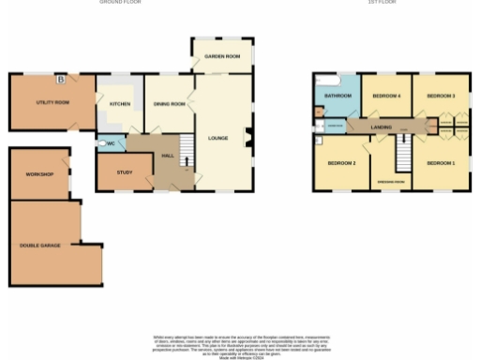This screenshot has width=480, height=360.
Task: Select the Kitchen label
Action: pyautogui.click(x=120, y=104)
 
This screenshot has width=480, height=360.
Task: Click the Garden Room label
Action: pyautogui.click(x=222, y=57)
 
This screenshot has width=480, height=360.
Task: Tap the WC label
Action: pyautogui.click(x=111, y=143)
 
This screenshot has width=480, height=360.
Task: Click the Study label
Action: pyautogui.click(x=125, y=172)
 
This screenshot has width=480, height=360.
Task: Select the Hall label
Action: pyautogui.click(x=169, y=155)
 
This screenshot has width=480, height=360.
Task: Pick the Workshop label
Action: pyautogui.click(x=39, y=174)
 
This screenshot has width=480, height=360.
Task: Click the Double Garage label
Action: pyautogui.click(x=40, y=246)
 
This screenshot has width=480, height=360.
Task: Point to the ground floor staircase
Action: pyautogui.click(x=186, y=145)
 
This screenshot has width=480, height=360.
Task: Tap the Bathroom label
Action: pyautogui.click(x=337, y=96)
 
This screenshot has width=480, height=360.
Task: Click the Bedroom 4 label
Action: pyautogui.click(x=386, y=96)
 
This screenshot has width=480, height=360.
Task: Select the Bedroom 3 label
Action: pyautogui.click(x=441, y=96)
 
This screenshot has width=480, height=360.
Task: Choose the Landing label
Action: pyautogui.click(x=382, y=126)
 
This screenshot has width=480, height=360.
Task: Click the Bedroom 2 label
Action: pyautogui.click(x=341, y=163)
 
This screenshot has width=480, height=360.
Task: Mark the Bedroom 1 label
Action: pyautogui.click(x=441, y=163)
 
